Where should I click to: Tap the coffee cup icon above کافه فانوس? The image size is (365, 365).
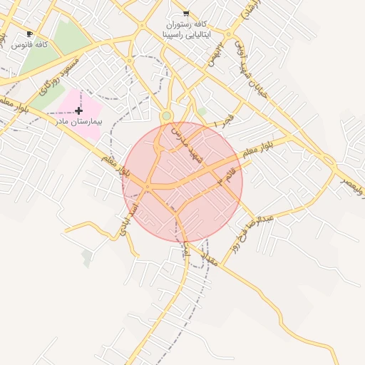tap(29, 34)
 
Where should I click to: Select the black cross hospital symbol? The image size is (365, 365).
tap(78, 110)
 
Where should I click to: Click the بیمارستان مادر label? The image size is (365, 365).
tap(79, 122)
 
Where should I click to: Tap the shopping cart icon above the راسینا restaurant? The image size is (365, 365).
tap(186, 13)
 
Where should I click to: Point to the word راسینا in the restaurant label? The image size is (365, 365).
tap(175, 34)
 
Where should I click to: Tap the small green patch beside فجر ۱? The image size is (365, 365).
tap(202, 111)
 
